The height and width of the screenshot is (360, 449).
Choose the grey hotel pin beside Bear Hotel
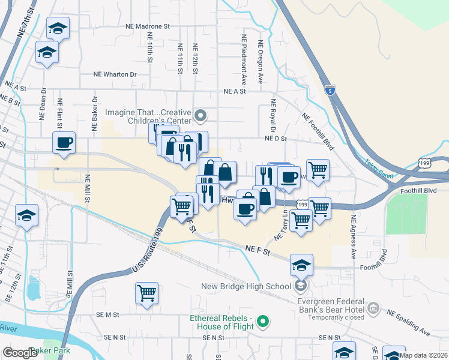pyautogui.click(x=373, y=308)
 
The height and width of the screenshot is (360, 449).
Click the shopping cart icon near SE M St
pyautogui.click(x=146, y=293)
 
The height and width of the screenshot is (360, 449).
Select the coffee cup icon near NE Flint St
pyautogui.click(x=63, y=143)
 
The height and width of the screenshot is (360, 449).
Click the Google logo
pyautogui.click(x=20, y=353)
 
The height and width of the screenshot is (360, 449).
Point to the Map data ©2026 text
pyautogui.click(x=423, y=355)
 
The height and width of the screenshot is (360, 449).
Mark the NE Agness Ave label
pyautogui.click(x=354, y=232)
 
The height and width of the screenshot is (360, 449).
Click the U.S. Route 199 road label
pyautogui.click(x=140, y=253)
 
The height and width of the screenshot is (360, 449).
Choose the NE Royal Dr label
pyautogui.click(x=273, y=116)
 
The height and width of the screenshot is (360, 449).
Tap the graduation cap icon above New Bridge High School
pyautogui.click(x=301, y=263)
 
